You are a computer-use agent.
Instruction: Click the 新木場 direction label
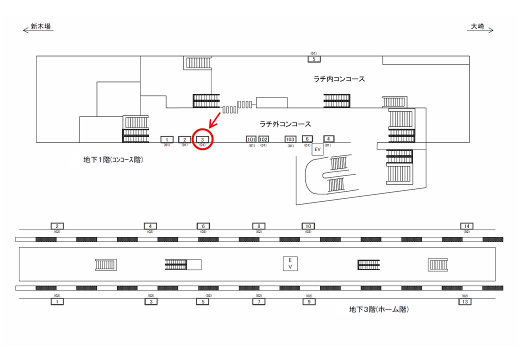click(x=40, y=27)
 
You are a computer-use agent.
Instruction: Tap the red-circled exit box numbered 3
click(x=202, y=139)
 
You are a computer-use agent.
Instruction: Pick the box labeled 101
click(x=251, y=139)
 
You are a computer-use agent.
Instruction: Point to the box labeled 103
click(x=290, y=139)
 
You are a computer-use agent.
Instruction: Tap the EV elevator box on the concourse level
click(x=317, y=149)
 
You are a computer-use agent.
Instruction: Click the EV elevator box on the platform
click(x=289, y=263)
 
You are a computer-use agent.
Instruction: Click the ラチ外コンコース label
click(x=285, y=123)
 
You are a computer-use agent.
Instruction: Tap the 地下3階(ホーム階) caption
click(x=379, y=310)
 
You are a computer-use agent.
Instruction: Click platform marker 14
click(x=466, y=226)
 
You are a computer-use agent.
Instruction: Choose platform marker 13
click(x=465, y=301)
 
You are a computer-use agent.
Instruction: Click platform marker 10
click(x=308, y=226)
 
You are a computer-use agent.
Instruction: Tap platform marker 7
click(x=258, y=301)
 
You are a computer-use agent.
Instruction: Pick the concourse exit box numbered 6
click(x=307, y=139)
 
